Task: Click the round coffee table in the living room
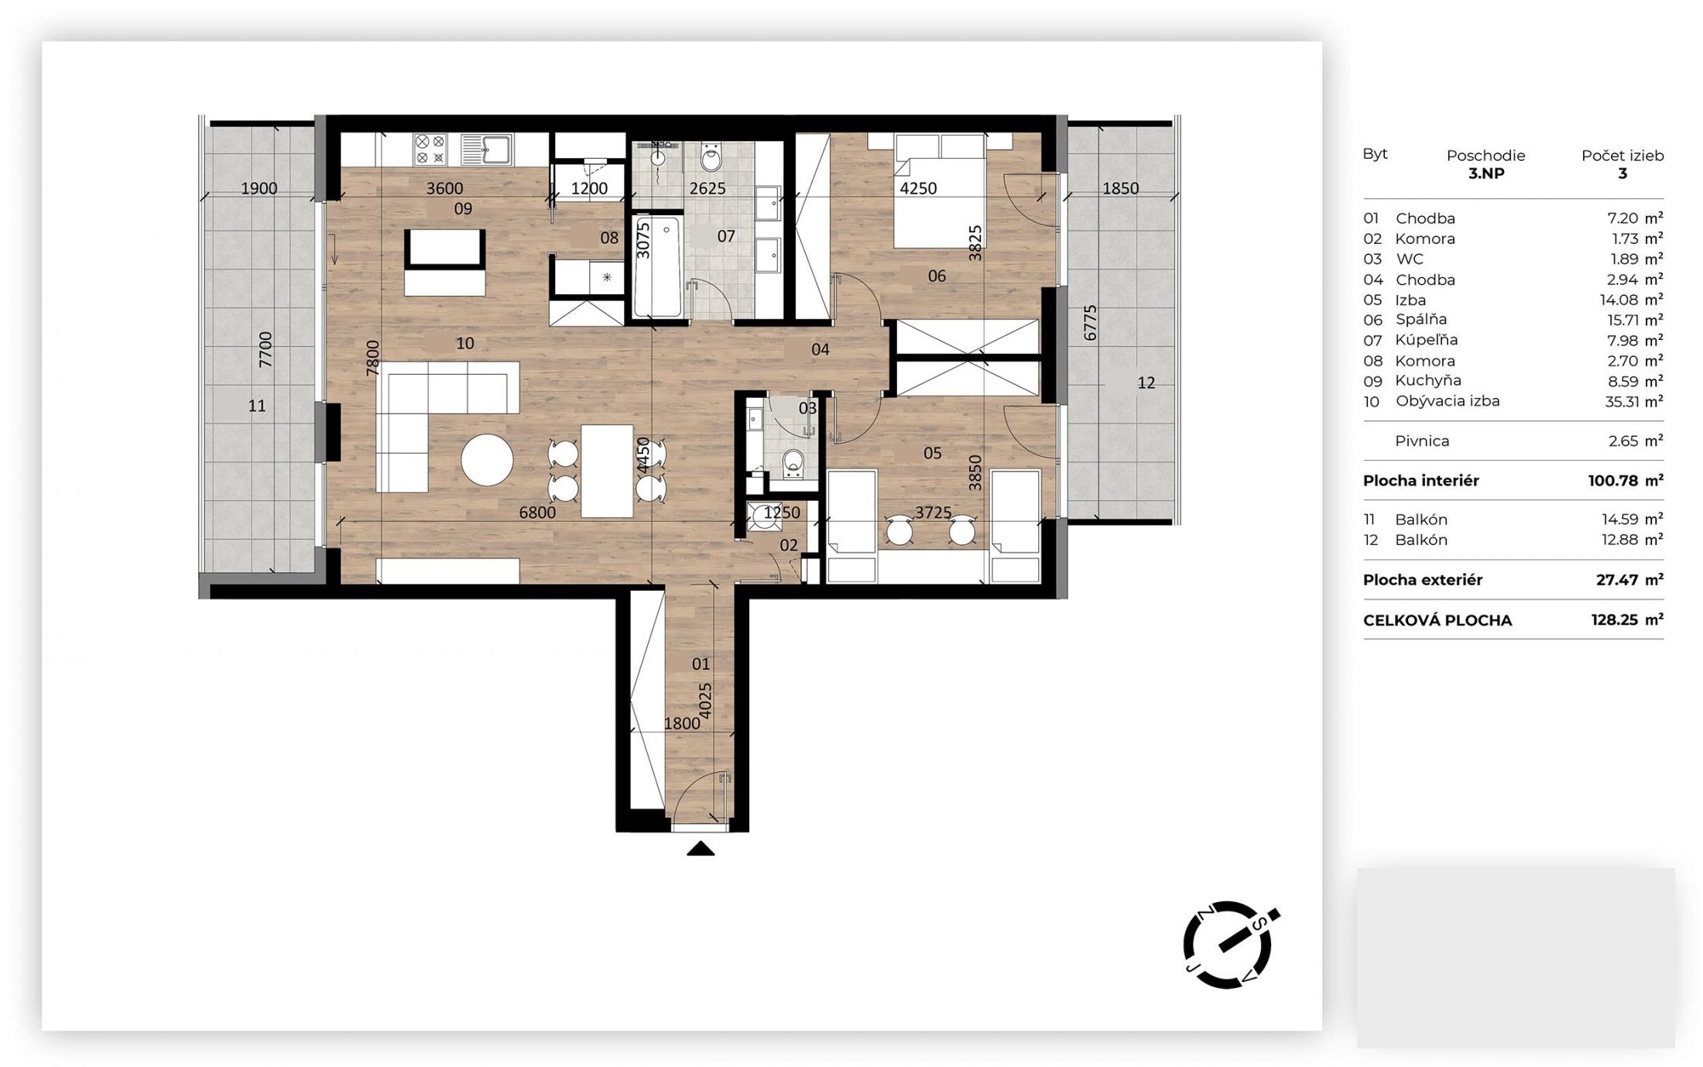487,460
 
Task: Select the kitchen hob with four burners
430,149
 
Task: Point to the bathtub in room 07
658,267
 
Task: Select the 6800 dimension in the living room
537,512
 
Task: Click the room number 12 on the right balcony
1146,383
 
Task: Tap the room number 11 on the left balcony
257,405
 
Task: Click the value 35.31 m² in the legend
1634,401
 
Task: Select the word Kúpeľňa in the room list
1426,340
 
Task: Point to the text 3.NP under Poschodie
1486,173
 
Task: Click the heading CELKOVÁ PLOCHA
1437,620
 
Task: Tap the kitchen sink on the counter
486,149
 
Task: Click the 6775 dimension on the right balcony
1090,323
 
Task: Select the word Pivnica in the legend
1422,441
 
